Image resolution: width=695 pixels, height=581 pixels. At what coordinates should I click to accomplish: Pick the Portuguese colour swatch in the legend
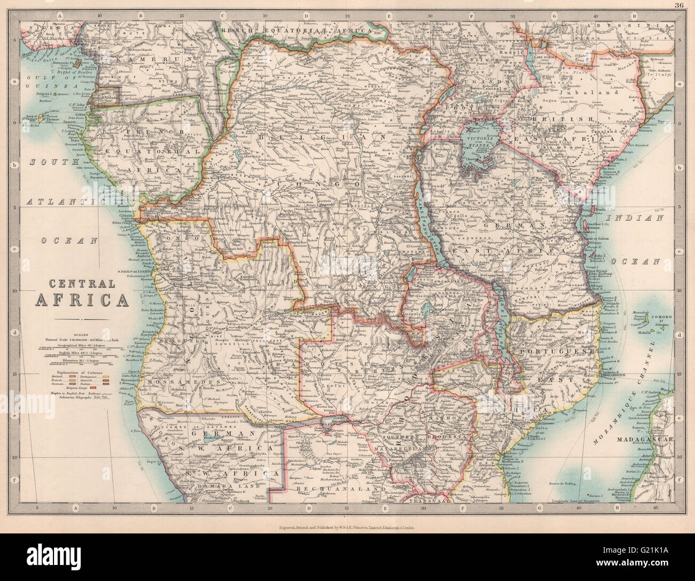pos(106,377)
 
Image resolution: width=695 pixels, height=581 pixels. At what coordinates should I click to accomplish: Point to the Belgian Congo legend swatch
pos(93,388)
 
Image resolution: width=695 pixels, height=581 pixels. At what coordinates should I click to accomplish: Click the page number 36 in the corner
pos(678,5)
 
